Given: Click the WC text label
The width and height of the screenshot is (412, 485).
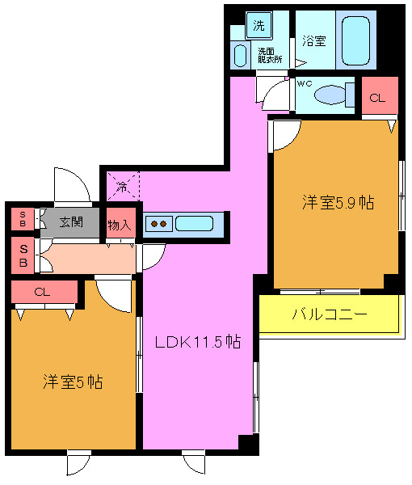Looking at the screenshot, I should (304, 83).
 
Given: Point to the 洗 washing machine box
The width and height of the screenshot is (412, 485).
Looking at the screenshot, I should (258, 25).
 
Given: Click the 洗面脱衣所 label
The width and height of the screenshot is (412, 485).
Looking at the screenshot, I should (269, 54).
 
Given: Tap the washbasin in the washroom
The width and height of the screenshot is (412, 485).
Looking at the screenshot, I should (240, 55).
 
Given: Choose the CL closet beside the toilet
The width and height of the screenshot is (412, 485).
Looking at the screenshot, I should (378, 97).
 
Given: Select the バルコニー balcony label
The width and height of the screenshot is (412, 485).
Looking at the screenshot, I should (330, 315).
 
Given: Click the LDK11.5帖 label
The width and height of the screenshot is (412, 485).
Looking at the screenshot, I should (198, 342).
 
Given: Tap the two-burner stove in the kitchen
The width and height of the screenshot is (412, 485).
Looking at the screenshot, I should (159, 224).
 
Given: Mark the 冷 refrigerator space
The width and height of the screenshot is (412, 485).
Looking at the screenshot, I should (121, 187).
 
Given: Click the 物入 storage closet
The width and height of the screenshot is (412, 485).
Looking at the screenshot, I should (120, 225).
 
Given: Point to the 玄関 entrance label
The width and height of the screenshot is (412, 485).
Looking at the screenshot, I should (71, 221).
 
